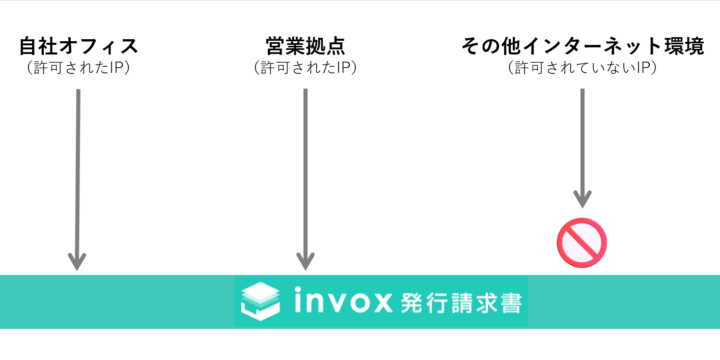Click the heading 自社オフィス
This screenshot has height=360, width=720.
78,46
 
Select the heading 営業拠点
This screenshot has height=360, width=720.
305,46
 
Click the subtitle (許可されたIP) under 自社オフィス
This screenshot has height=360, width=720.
78,68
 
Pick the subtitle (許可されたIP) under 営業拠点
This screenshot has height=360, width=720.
305,68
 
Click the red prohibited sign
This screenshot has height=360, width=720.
582,241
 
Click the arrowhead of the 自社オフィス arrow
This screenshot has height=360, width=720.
77,260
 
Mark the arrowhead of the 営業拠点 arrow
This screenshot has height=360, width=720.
305,260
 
